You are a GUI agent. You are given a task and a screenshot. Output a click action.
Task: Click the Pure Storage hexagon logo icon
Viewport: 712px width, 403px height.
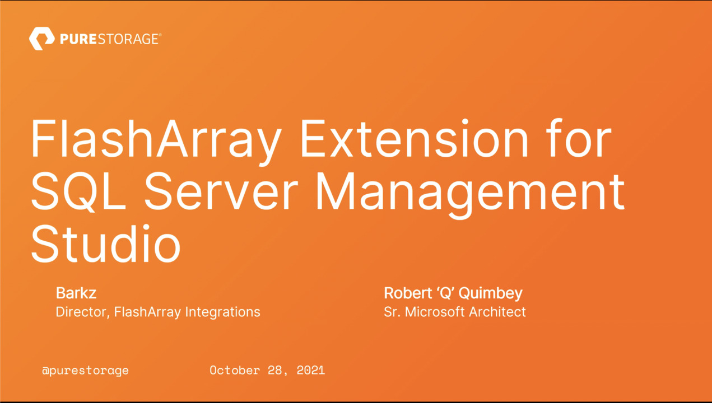[41, 39]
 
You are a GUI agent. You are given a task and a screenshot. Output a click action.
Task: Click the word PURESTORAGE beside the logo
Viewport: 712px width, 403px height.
[110, 39]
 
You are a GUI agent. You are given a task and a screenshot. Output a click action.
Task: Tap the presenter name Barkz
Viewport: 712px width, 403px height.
[76, 293]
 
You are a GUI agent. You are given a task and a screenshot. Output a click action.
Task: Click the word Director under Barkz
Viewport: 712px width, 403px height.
[82, 312]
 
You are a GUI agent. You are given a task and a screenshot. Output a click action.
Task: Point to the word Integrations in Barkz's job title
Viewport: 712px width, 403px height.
[222, 312]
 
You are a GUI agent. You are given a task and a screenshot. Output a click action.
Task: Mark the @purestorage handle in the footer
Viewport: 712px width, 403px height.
[85, 371]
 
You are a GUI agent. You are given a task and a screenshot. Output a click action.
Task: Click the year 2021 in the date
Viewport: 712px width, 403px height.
[311, 371]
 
